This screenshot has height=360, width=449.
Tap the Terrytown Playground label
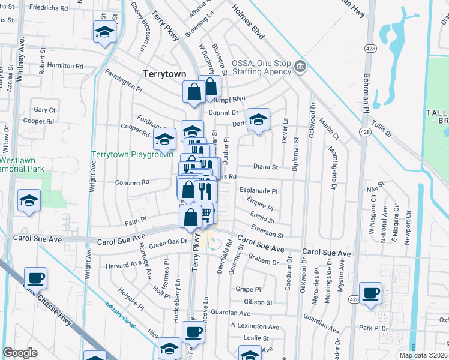tap(132, 154)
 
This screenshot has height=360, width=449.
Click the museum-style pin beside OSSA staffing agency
tap(301, 66)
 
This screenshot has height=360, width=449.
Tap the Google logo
tap(20, 353)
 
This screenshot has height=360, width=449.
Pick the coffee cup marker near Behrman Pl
tap(371, 293)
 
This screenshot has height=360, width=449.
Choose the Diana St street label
tap(266, 167)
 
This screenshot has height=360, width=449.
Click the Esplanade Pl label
tap(258, 191)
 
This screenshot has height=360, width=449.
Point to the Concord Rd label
tap(132, 183)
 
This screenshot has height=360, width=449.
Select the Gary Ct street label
tap(45, 110)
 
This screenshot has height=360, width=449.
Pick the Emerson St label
tap(268, 230)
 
